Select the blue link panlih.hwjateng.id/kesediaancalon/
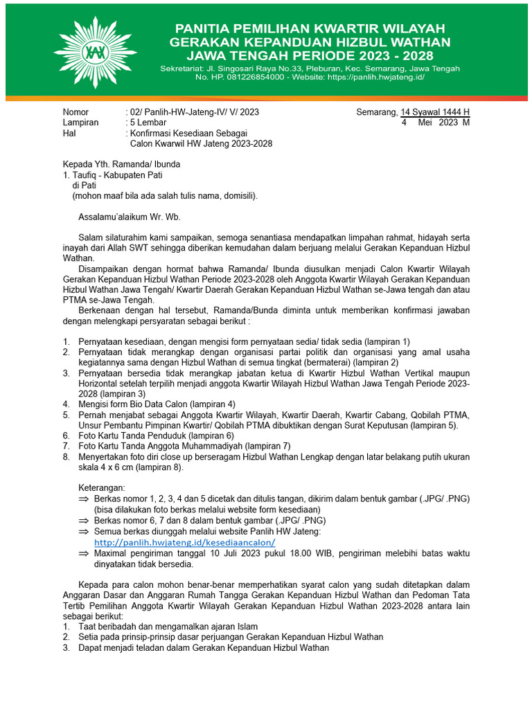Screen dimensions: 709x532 [185, 542]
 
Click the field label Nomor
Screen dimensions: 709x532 [76, 111]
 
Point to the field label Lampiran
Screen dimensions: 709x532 [80, 122]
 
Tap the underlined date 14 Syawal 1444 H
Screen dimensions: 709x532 [436, 111]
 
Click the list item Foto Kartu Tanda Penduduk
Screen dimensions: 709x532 [156, 436]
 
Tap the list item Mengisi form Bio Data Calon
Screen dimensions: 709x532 [157, 404]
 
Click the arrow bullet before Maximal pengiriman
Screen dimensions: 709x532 [83, 553]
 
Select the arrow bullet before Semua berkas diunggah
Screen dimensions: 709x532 [83, 531]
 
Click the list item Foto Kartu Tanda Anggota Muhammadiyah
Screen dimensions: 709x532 [184, 446]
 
